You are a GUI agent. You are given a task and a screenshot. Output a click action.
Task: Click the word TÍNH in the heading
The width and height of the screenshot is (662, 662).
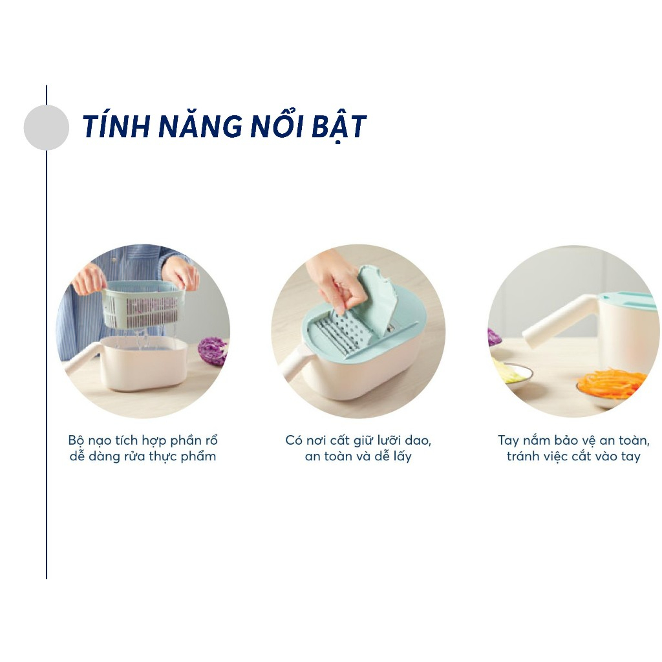[116, 126]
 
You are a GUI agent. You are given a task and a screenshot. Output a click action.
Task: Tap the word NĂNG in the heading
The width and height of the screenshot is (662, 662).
[200, 125]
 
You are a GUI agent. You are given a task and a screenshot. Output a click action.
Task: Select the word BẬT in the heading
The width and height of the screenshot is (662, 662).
[339, 126]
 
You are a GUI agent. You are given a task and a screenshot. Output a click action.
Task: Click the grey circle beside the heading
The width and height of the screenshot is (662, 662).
[46, 127]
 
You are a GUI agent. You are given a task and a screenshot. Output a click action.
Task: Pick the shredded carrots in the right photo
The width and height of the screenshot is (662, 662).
[611, 382]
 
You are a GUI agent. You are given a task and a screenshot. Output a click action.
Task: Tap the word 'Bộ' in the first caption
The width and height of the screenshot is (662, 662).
[76, 440]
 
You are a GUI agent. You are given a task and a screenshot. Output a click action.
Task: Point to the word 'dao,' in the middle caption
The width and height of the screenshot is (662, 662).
[418, 440]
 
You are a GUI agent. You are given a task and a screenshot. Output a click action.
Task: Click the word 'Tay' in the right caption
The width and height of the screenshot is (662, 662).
[508, 441]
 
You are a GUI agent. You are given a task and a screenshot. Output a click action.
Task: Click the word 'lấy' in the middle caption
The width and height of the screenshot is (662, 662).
[401, 457]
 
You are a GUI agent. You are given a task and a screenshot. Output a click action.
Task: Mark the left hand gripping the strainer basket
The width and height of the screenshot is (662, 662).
[89, 279]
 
